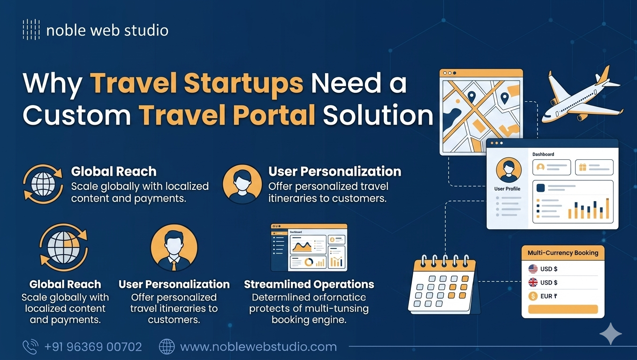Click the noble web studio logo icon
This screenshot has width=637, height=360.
click(x=31, y=30)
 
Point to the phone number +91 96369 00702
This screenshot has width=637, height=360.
click(x=93, y=347)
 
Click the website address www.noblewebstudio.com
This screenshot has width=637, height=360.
click(x=258, y=347)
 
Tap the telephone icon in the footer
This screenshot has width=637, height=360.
click(x=30, y=347)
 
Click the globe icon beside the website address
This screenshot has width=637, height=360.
click(x=167, y=347)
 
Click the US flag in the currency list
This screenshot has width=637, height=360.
click(x=533, y=269)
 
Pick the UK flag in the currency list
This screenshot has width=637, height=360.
click(x=533, y=283)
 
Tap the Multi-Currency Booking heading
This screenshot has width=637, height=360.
click(x=563, y=253)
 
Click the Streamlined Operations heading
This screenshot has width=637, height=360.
click(x=309, y=285)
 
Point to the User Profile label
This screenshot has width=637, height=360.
click(x=507, y=189)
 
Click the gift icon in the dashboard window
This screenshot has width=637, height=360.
click(x=583, y=167)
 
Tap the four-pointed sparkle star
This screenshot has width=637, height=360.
click(x=611, y=334)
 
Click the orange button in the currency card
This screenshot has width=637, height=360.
click(x=563, y=309)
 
